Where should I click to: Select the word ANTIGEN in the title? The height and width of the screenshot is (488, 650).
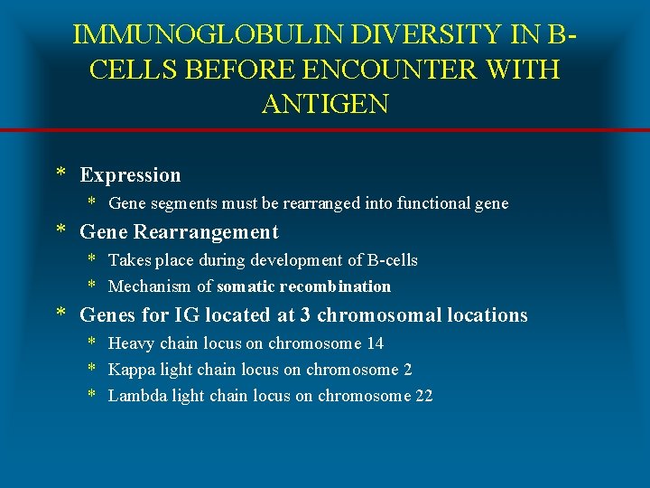(x=325, y=104)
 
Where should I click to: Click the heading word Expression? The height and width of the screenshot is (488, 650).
(x=130, y=175)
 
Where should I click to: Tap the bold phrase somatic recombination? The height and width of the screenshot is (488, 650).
(x=303, y=286)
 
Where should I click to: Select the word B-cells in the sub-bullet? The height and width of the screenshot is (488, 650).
(x=393, y=260)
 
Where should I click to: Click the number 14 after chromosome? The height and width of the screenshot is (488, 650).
(x=375, y=343)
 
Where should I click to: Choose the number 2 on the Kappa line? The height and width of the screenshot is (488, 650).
(x=408, y=370)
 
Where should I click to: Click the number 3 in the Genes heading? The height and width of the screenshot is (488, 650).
(x=306, y=315)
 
